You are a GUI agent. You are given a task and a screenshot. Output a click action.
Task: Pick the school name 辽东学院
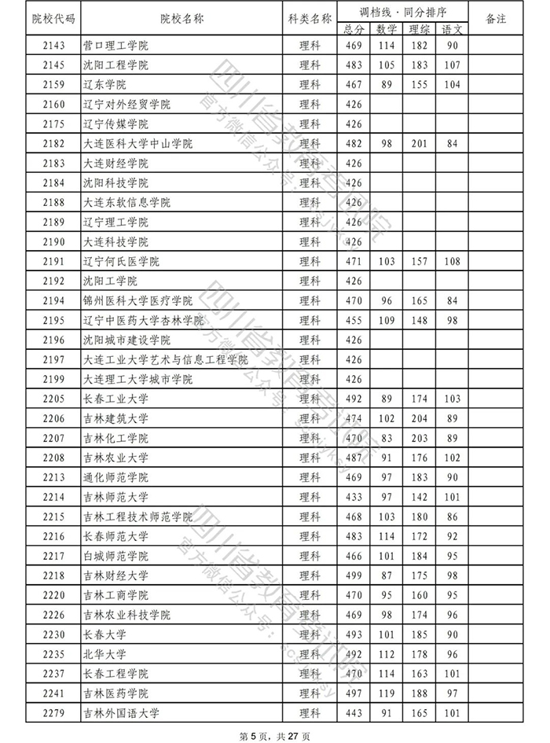coord(104,85)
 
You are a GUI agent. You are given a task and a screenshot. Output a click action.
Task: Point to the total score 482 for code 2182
coord(354,144)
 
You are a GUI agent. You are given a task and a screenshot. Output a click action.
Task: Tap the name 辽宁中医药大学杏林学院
coord(143,321)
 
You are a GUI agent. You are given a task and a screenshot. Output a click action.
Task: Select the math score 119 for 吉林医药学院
coord(386,694)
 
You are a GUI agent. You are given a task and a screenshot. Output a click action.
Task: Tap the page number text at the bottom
coord(274,735)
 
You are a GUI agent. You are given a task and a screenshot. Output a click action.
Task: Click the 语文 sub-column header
coord(452,29)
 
